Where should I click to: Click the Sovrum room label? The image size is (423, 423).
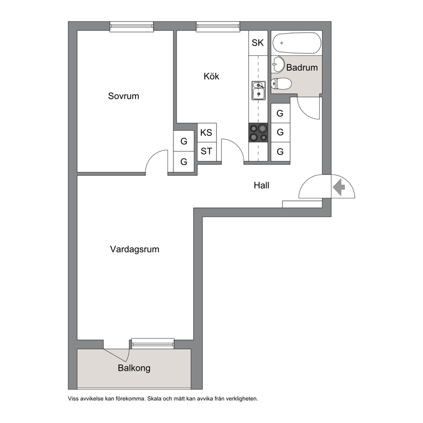coord(124,96)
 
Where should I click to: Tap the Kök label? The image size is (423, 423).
coord(211,76)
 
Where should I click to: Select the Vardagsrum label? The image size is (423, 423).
coord(135,249)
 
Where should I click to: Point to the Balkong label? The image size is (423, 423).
coord(134,368)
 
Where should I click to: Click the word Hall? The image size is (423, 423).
coord(261,185)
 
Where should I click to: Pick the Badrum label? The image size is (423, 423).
coord(302,67)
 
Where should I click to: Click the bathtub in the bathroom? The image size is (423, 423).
coord(297,43)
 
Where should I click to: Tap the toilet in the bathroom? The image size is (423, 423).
coord(281,84)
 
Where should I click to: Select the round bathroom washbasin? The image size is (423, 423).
coord(278,64)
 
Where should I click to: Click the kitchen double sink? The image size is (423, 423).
coord(258,90)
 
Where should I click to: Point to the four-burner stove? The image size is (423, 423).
coord(258,133)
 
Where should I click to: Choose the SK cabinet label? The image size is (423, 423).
coord(258,43)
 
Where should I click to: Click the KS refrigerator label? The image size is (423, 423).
coord(206,133)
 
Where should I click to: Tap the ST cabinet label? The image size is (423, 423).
coord(206,151)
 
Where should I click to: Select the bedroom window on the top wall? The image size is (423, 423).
coord(132,26)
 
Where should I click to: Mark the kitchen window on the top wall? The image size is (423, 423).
coord(218,26)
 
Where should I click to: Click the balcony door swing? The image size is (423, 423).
coord(119,354)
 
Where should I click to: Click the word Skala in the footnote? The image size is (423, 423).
coord(154,398)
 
